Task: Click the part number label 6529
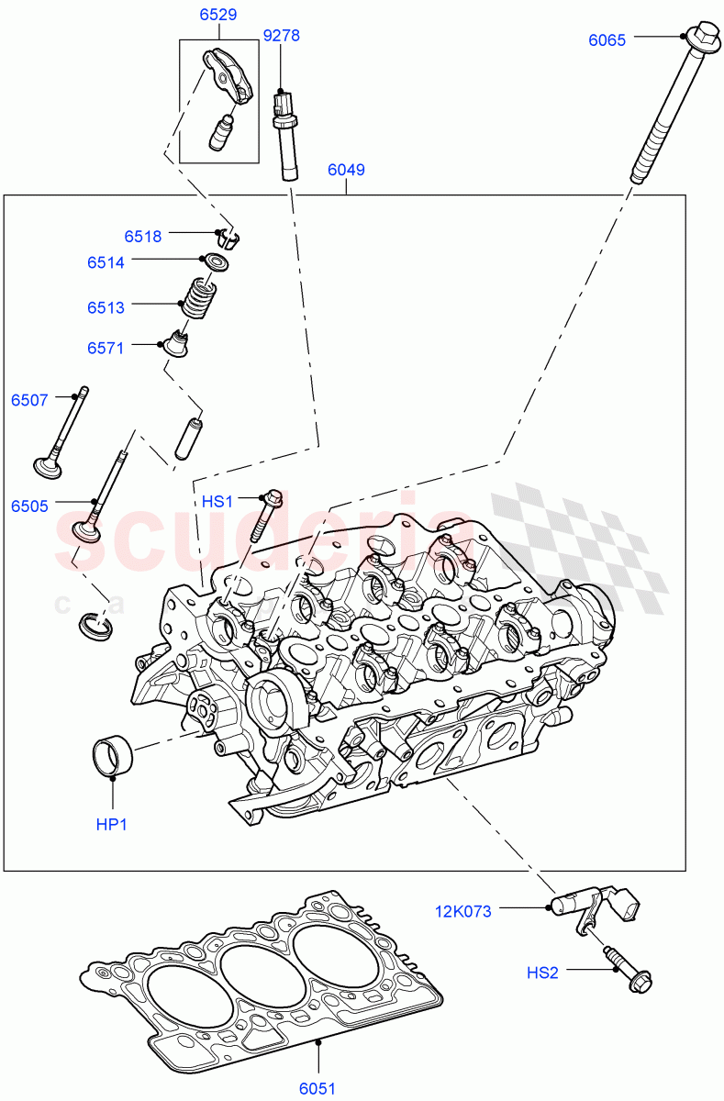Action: tap(217, 15)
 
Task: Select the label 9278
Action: tap(282, 36)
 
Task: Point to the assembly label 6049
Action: tap(346, 170)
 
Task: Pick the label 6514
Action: tap(106, 262)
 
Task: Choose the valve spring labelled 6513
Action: tap(199, 297)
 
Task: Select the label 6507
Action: tap(29, 400)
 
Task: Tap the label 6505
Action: tap(29, 506)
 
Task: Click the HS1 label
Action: tap(218, 501)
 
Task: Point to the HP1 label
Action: tap(112, 825)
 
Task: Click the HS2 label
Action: tap(541, 973)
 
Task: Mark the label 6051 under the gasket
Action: tap(318, 1089)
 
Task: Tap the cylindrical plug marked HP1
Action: tap(112, 755)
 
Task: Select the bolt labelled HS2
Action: tap(628, 973)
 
